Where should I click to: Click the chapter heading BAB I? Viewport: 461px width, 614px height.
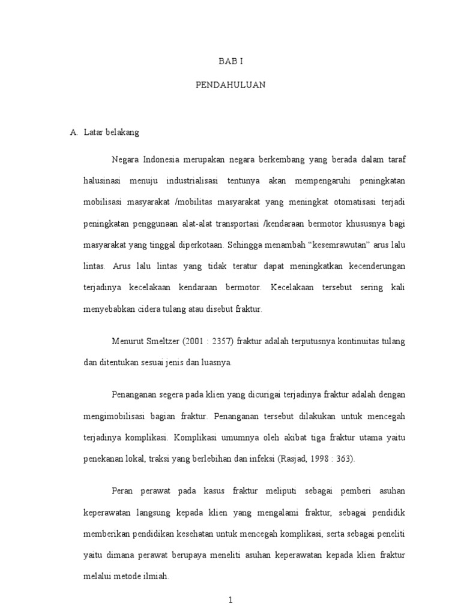click(x=230, y=62)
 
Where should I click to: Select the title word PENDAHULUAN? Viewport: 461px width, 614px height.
click(x=230, y=86)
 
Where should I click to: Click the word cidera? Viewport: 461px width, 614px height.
click(x=153, y=309)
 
